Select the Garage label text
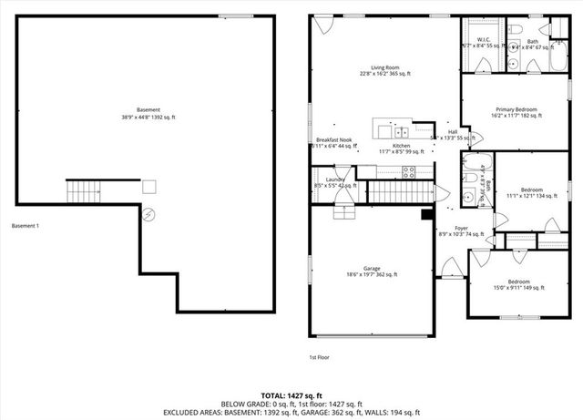(x=371, y=270)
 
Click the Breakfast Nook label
(x=330, y=141)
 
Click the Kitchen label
(x=401, y=147)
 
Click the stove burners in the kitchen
(x=409, y=170)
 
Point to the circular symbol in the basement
(x=149, y=214)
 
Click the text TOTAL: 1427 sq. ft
(x=291, y=395)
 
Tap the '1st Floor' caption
(x=319, y=357)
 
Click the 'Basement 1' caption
(x=26, y=226)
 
